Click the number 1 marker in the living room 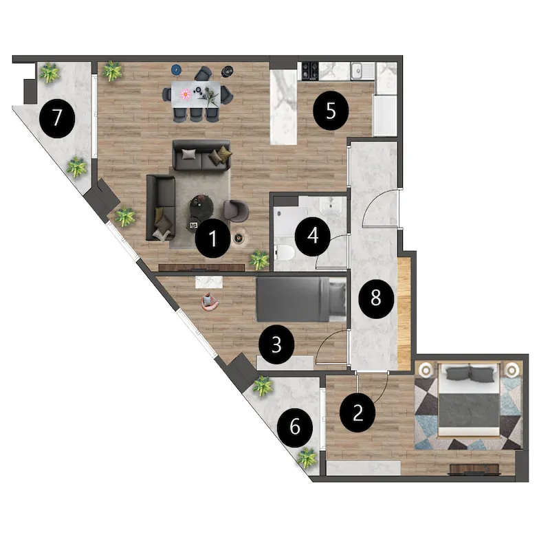point(213,238)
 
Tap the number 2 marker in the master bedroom point(357,412)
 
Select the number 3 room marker point(276,344)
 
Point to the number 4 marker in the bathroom point(313,236)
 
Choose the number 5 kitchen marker point(331,111)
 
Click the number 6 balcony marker point(295,427)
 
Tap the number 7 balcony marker point(57,118)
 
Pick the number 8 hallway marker point(375,298)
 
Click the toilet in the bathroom point(284,252)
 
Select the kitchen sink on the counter point(357,71)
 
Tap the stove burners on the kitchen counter point(310,71)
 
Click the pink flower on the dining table point(185,93)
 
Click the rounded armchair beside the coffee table point(236,211)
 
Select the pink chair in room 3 point(210,302)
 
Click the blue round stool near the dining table point(177,70)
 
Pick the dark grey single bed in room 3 point(301,299)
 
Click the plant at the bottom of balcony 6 point(307,457)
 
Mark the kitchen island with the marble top point(283,107)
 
